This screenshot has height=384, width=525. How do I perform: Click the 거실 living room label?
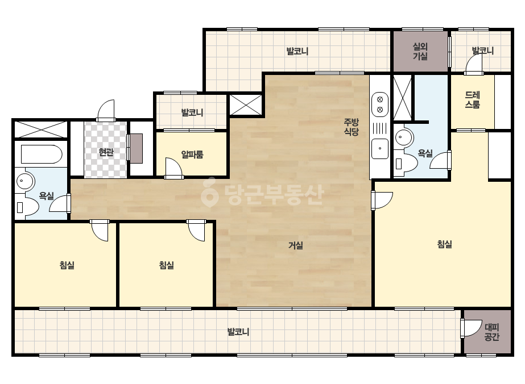click(x=296, y=245)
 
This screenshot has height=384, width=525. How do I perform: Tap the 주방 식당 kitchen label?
click(x=351, y=127)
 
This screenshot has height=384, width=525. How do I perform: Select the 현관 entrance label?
click(x=106, y=153)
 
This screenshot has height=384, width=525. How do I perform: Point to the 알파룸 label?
click(x=192, y=155)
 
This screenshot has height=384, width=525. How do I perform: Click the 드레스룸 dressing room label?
click(x=473, y=99)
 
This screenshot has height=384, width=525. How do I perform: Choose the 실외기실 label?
click(x=420, y=51)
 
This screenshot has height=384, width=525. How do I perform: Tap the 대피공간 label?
click(x=491, y=332)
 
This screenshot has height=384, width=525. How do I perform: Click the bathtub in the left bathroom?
click(x=42, y=154)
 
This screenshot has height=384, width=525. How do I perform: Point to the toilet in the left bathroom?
click(x=26, y=207)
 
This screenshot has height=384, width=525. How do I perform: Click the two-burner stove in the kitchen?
click(x=380, y=105)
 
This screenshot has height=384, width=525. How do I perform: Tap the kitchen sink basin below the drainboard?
click(x=380, y=148)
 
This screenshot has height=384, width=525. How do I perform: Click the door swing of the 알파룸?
click(x=174, y=167)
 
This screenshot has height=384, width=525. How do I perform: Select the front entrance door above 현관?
click(x=106, y=110)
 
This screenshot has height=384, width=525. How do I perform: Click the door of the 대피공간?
click(x=471, y=328)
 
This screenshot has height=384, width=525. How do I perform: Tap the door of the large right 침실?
click(x=382, y=201)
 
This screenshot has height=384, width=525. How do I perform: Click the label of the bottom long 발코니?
click(x=238, y=332)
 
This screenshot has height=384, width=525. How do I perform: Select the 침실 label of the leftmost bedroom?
click(x=67, y=265)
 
